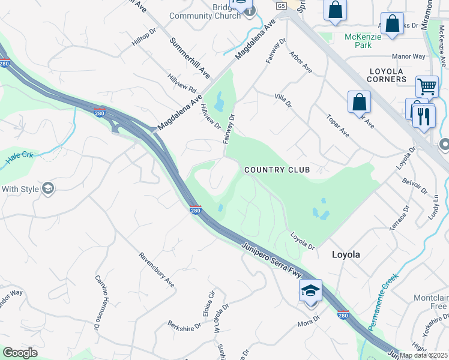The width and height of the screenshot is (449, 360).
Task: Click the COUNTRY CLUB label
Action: click(277, 170)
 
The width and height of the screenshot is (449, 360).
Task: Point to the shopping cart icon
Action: click(427, 86)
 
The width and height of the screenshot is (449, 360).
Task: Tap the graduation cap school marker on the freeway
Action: click(310, 291)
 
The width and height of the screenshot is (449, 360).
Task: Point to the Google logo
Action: click(20, 353)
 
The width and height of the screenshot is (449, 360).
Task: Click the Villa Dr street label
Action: click(283, 100)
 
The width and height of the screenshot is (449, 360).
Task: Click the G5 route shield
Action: click(282, 5)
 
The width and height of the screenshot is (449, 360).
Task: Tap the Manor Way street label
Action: click(408, 56)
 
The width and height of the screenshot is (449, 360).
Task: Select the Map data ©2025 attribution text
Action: click(424, 355)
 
